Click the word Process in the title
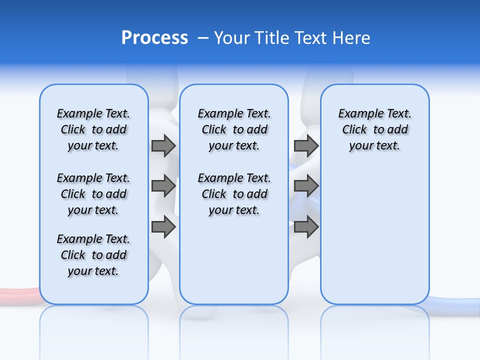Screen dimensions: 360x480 tap(154, 38)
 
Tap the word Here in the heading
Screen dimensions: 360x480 tap(352, 38)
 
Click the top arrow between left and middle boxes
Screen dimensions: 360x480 tap(163, 145)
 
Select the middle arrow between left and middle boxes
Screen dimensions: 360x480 tap(163, 186)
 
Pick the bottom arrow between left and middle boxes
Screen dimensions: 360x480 tap(163, 227)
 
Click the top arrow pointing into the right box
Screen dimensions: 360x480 tap(306, 145)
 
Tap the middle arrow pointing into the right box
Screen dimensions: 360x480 tap(306, 186)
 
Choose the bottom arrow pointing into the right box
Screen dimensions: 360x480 tap(306, 227)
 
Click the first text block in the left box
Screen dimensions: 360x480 tap(93, 129)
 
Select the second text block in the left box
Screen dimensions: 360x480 tap(93, 194)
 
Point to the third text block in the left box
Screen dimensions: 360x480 tap(93, 255)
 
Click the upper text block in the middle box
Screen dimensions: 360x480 tap(234, 129)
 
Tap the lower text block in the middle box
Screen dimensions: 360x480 tap(234, 194)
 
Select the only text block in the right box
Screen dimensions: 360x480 tap(374, 129)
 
